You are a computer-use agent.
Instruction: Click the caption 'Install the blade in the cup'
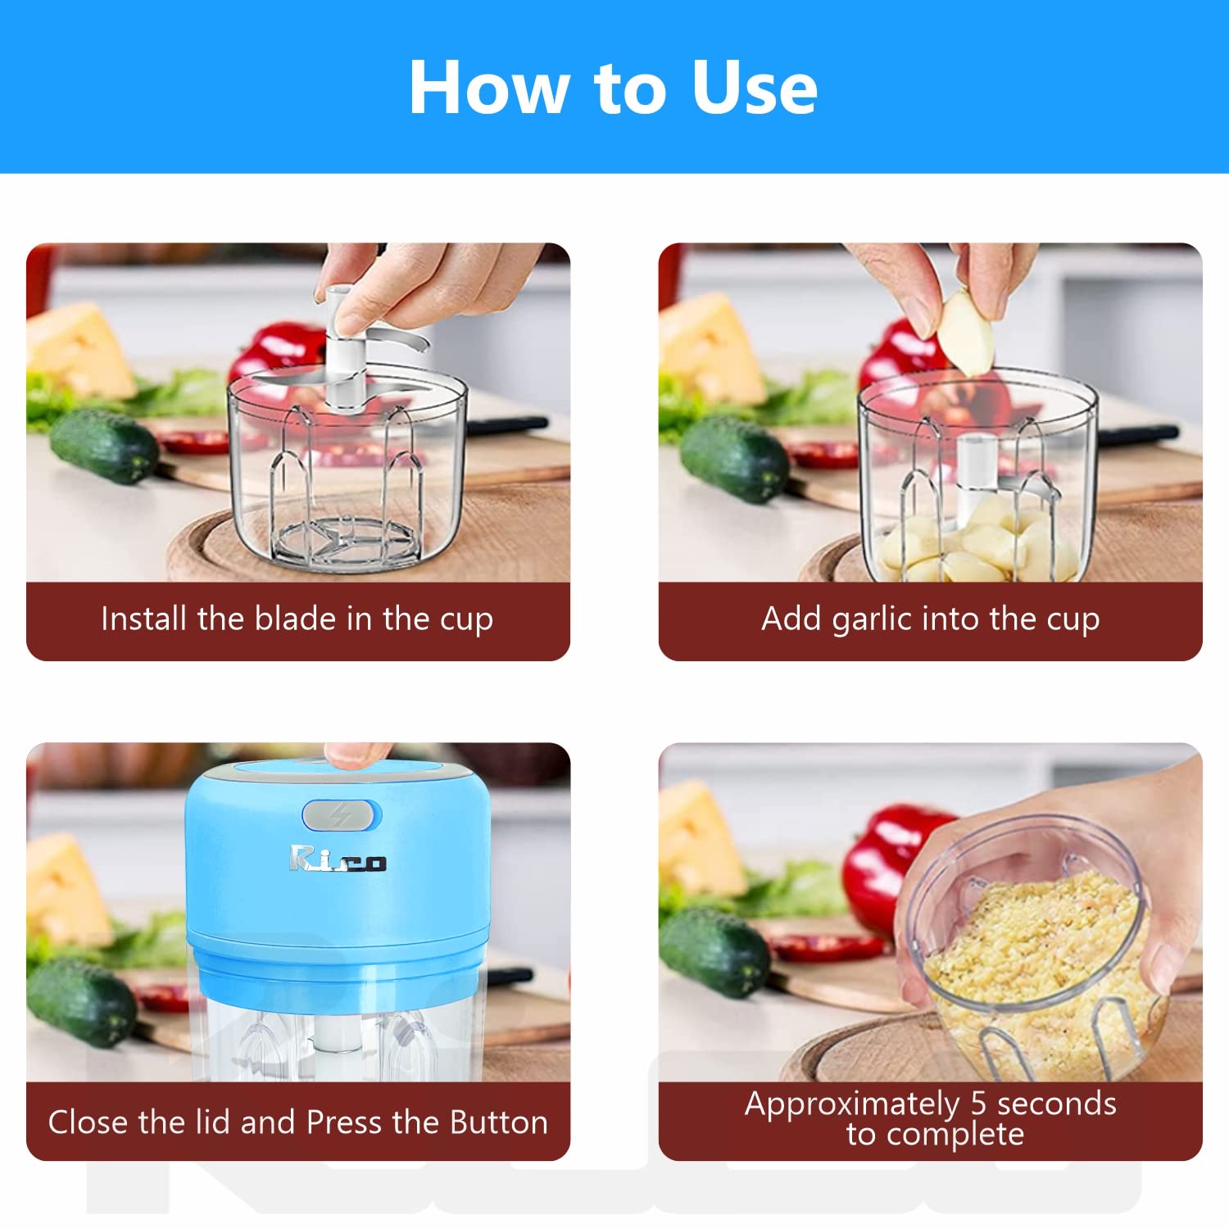pyautogui.click(x=297, y=619)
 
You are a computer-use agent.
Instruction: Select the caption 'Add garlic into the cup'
pyautogui.click(x=930, y=619)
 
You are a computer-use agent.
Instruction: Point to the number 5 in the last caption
pyautogui.click(x=978, y=1104)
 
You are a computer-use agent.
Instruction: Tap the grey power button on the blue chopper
pyautogui.click(x=341, y=815)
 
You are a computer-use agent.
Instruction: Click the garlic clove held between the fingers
pyautogui.click(x=967, y=332)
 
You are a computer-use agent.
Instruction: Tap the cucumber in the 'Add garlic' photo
pyautogui.click(x=733, y=459)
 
